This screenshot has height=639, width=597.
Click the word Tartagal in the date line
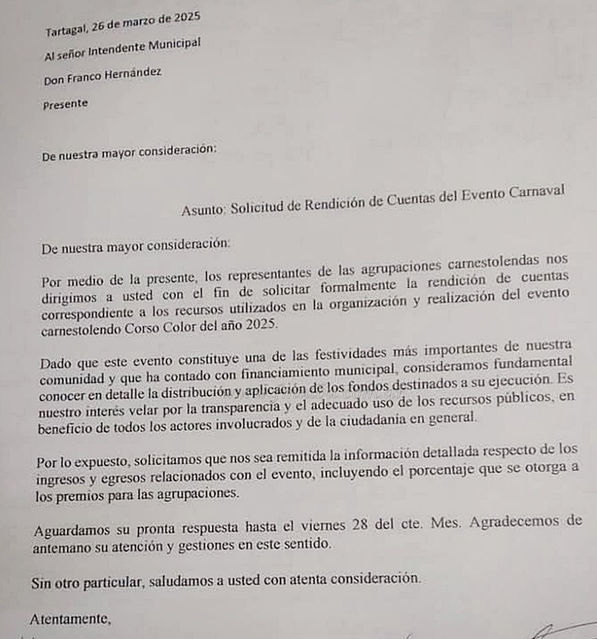click(65, 30)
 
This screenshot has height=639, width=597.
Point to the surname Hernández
click(133, 74)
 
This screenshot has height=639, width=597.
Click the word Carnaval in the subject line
click(537, 192)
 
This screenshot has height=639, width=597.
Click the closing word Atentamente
click(69, 619)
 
